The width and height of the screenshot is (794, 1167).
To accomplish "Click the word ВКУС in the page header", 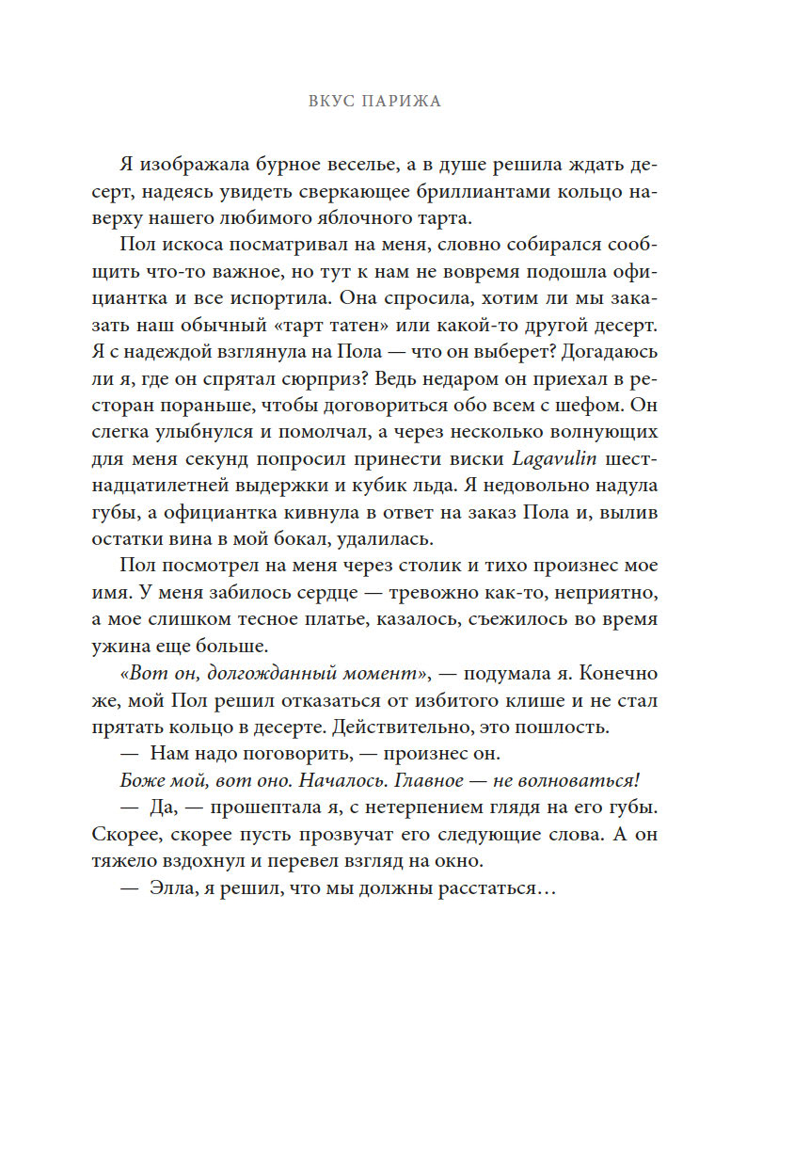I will [329, 102].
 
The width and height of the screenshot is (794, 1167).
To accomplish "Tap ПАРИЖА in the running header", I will [400, 102].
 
